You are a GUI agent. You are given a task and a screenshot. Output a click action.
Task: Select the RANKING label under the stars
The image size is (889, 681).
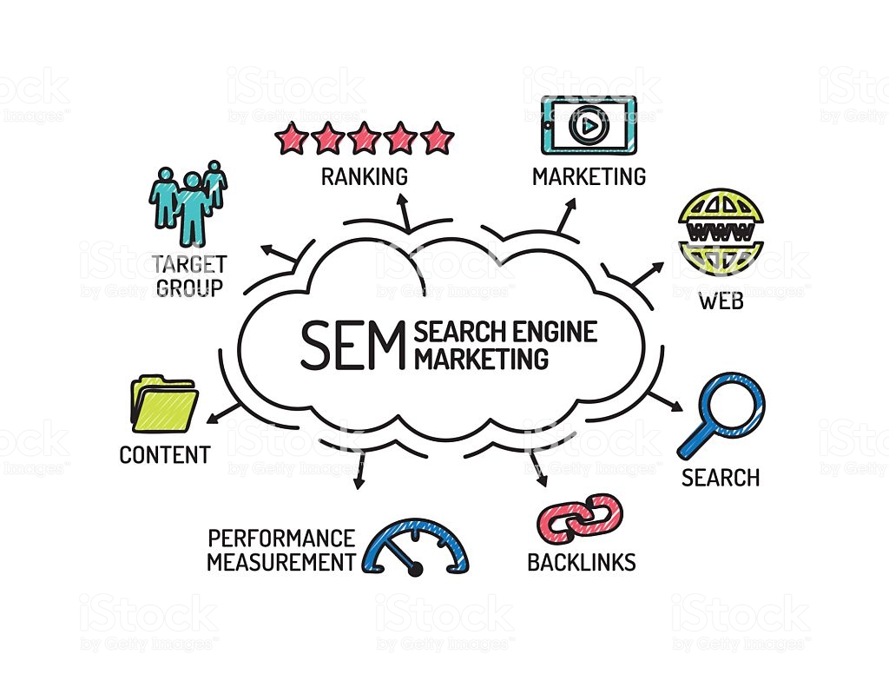364,176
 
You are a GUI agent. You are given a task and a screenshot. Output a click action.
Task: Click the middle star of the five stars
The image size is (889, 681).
364,138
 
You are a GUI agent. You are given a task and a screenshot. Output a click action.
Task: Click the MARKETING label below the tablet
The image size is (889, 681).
589,176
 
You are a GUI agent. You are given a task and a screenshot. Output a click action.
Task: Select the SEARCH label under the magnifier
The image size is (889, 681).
720,477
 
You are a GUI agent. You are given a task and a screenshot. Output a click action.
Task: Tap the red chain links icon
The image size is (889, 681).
580,518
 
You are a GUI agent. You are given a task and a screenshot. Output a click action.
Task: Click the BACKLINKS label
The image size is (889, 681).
581,562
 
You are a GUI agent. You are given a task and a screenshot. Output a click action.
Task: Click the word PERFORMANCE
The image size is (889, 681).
281,539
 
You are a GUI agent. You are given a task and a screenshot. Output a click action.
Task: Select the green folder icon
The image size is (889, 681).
163,404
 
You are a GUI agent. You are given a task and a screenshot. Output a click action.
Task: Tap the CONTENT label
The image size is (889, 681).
164,454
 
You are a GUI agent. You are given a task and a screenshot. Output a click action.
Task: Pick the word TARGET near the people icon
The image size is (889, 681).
188,264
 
